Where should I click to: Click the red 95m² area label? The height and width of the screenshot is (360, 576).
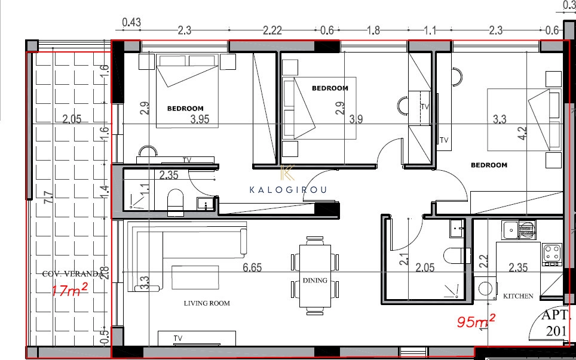click(476, 321)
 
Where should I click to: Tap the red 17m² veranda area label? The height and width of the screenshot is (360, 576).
click(69, 290)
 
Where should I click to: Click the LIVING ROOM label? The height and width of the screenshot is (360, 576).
click(207, 303)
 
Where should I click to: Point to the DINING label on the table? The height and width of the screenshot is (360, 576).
click(315, 281)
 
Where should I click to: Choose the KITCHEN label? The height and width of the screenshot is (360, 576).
click(518, 296)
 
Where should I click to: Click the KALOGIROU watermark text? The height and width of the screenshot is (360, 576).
click(288, 190)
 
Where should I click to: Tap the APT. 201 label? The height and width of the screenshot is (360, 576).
click(556, 323)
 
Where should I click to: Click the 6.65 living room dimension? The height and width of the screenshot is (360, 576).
click(252, 267)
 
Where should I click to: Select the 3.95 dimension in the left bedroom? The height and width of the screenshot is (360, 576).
click(200, 119)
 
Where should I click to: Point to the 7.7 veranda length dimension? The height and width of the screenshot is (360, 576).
click(48, 198)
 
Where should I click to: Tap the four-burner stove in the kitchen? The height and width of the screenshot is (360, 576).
click(552, 254)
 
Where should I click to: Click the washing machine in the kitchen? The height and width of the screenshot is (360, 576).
click(485, 288)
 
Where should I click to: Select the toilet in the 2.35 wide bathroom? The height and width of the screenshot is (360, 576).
click(175, 202)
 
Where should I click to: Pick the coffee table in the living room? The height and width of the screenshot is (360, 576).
click(195, 278)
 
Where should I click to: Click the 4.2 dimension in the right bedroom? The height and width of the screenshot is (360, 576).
click(522, 133)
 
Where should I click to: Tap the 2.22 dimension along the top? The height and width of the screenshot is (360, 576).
click(272, 30)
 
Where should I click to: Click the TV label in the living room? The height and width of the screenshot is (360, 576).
click(178, 338)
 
